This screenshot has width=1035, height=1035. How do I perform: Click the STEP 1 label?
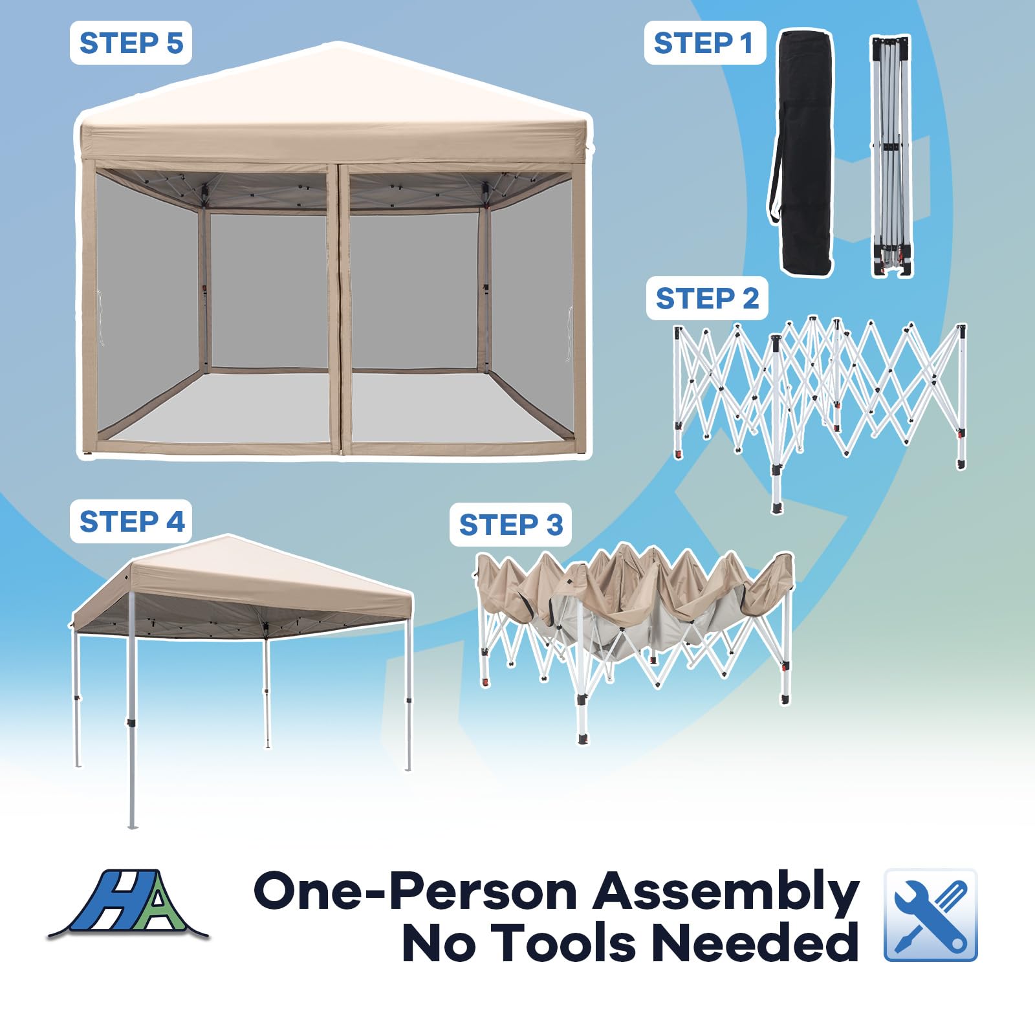point(704,43)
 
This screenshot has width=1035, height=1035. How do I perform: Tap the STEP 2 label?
point(707,298)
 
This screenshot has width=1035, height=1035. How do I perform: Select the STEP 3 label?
point(510,525)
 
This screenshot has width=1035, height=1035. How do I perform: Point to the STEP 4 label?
point(131,521)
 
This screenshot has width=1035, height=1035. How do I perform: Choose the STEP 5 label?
point(131,43)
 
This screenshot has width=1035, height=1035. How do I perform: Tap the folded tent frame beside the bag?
point(892,157)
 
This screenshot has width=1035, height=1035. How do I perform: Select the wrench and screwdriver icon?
point(931,915)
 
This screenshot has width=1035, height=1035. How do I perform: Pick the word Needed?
point(756,943)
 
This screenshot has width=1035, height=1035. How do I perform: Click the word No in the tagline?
point(440,943)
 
